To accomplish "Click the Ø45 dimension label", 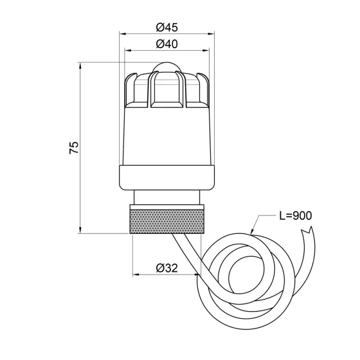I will point(166,28).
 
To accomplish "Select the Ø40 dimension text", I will point(166,44).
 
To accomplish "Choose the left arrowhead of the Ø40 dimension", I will point(127,51).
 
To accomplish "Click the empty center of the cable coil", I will point(245,274).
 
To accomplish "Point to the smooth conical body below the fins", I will point(166,138).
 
